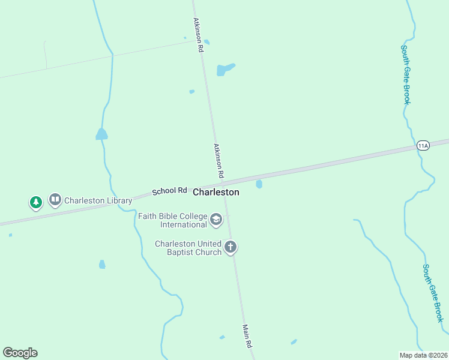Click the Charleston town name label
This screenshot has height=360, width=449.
point(216,193)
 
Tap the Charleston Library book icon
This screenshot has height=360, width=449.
point(55,199)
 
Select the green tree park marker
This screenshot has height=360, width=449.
point(36,202)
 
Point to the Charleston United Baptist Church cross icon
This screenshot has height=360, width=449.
point(231,247)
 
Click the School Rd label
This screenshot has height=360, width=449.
point(169,191)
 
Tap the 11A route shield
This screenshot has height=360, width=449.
point(423,146)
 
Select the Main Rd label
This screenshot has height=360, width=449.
point(247,337)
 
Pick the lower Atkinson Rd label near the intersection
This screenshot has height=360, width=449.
point(218,160)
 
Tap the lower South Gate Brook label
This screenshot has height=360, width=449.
point(433,293)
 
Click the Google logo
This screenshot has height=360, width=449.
point(20,353)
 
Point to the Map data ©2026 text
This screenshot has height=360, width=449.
point(423,355)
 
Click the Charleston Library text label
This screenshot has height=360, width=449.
point(98,200)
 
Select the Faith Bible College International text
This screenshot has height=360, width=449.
point(173,220)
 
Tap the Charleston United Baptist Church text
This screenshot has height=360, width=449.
point(188,247)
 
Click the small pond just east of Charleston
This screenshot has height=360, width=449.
point(259,184)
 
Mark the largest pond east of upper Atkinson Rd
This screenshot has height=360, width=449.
point(224,69)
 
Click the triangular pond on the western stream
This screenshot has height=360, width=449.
point(101,134)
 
